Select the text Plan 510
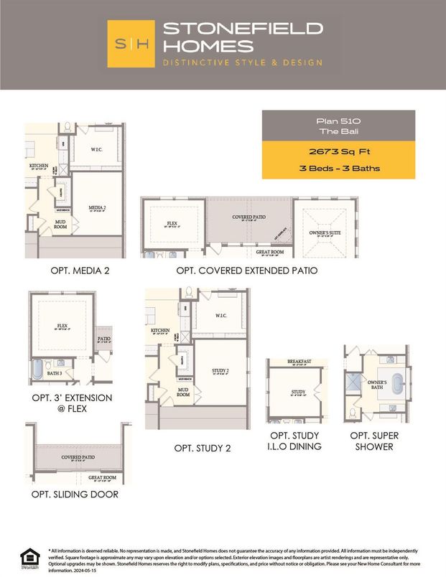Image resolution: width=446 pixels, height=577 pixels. click(x=338, y=121)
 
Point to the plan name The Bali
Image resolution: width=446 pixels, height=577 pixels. click(x=338, y=132)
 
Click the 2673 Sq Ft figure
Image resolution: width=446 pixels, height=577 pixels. click(x=338, y=152)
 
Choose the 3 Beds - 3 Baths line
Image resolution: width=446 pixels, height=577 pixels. click(x=338, y=169)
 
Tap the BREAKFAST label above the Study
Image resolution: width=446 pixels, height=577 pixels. click(x=299, y=362)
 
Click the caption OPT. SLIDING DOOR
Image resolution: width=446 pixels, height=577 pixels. click(x=75, y=494)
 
